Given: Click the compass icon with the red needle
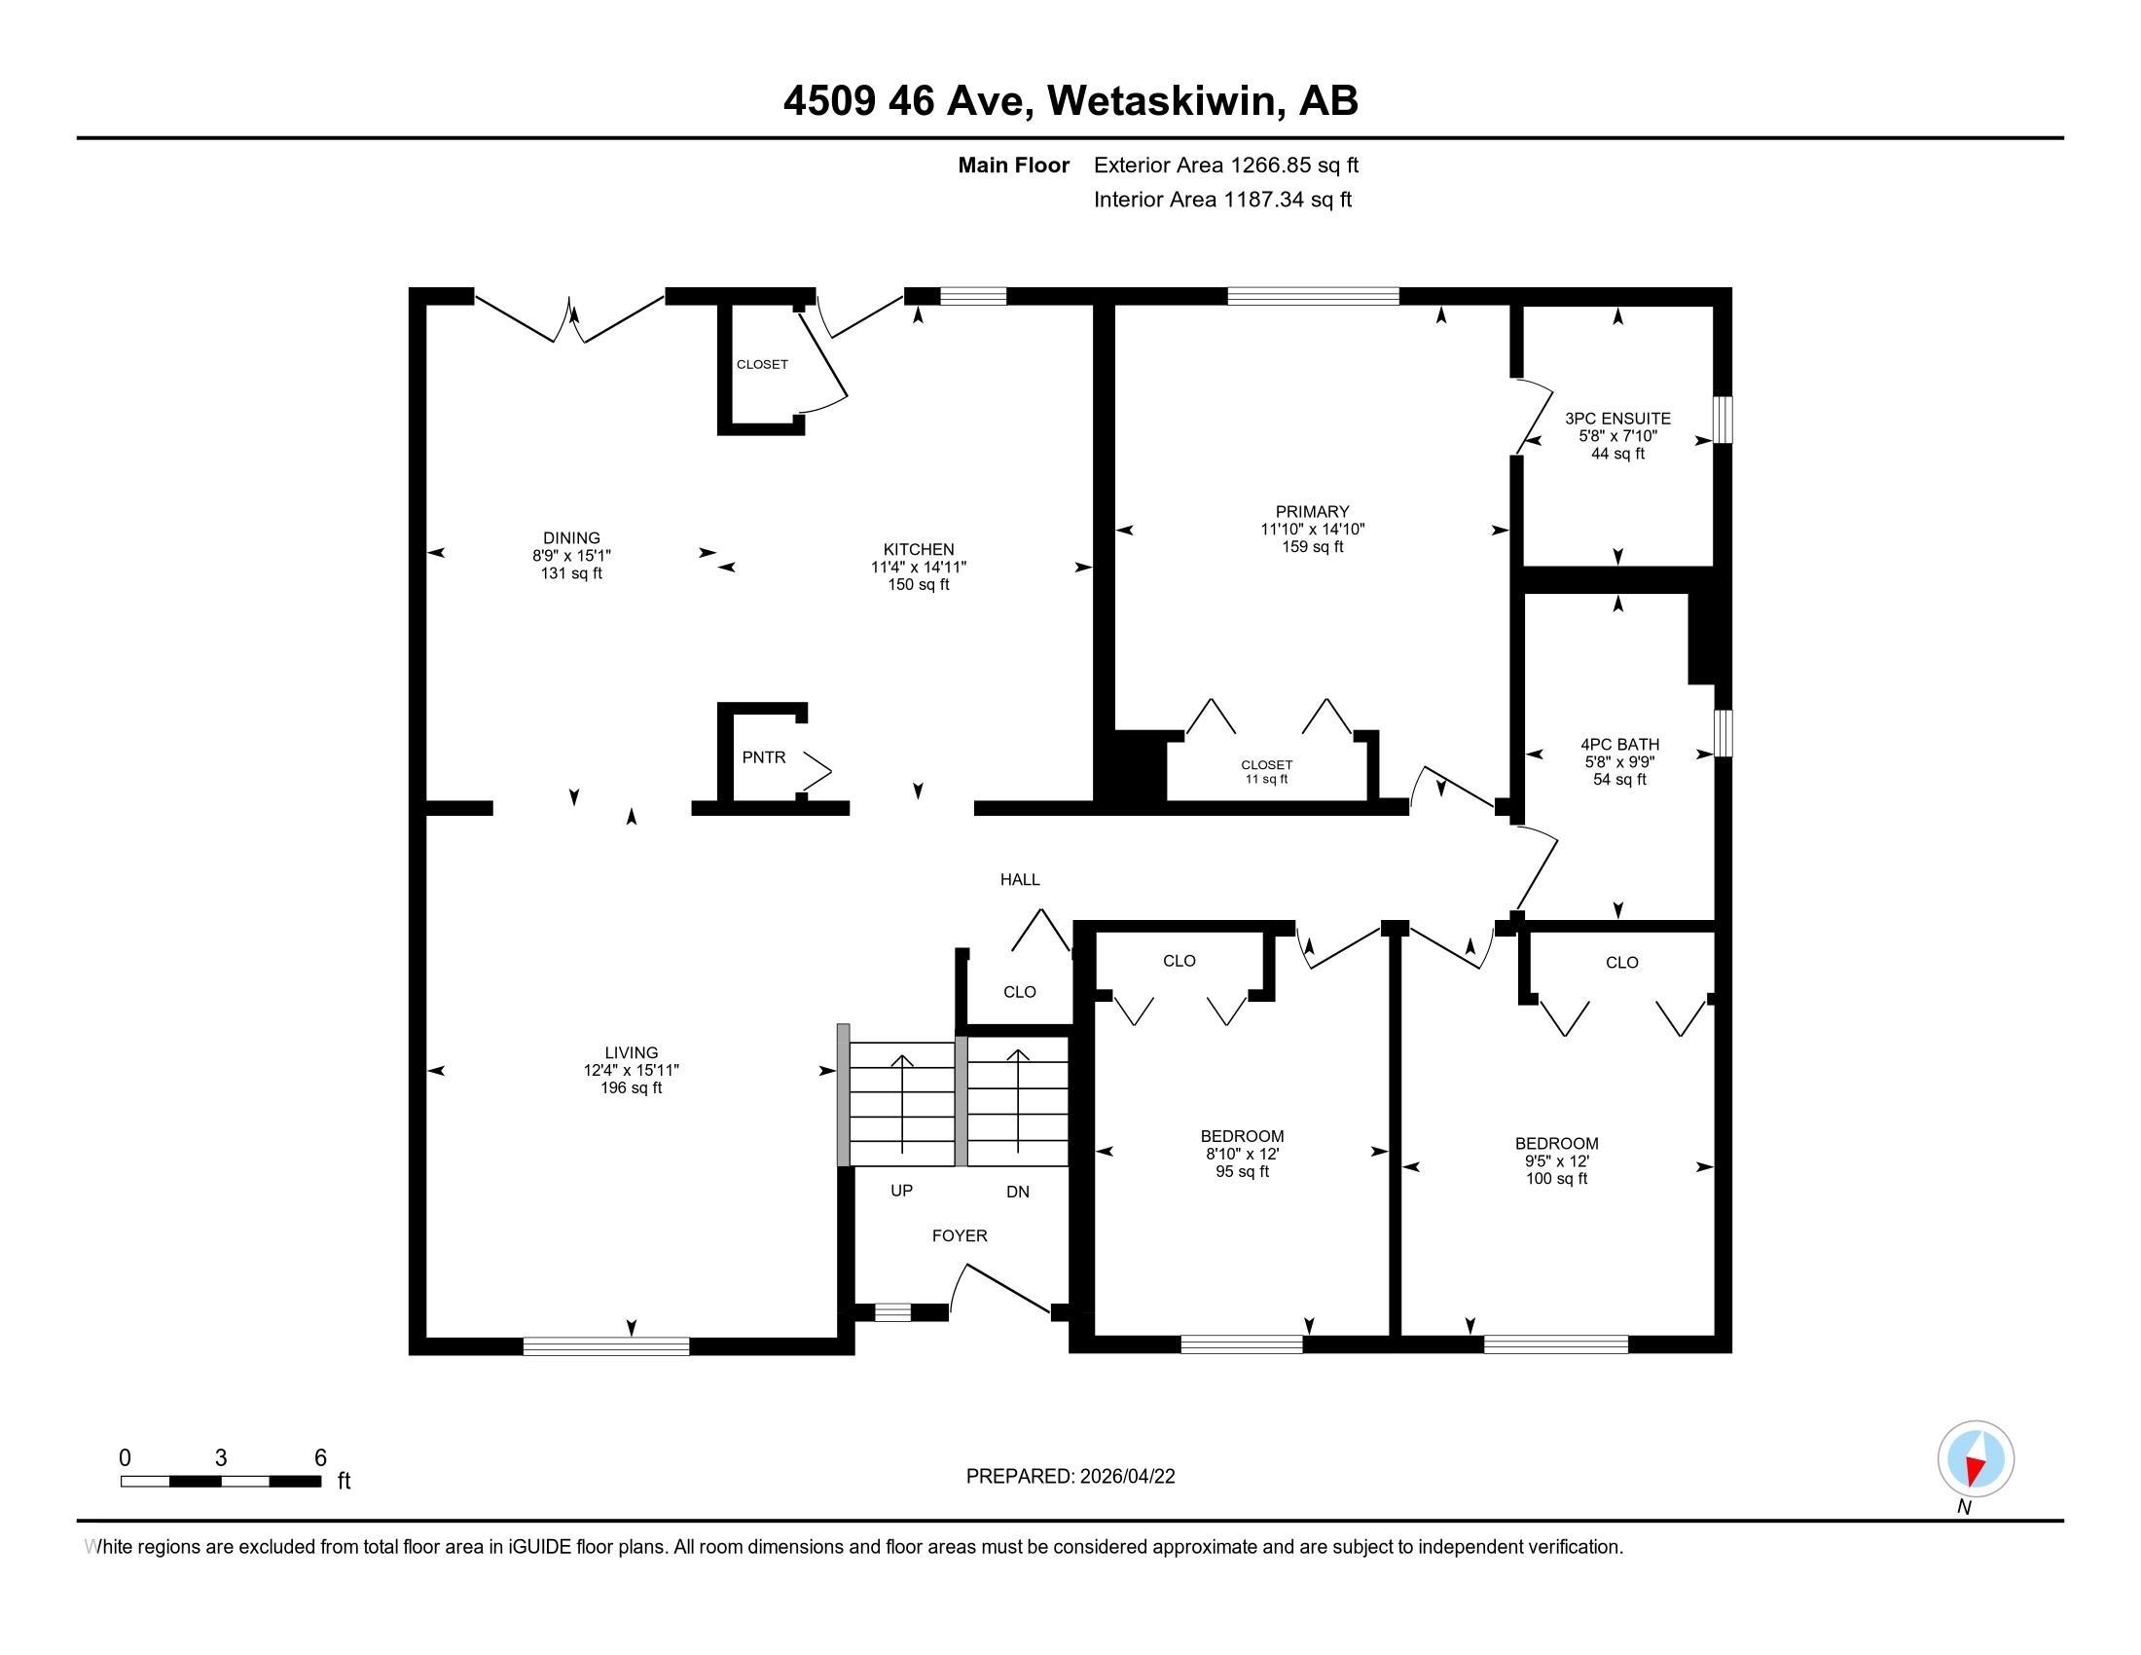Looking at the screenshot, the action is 1976,1458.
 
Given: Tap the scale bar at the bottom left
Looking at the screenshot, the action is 222,1481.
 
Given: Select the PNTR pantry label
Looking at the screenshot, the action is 764,756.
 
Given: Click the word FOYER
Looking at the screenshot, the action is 960,1235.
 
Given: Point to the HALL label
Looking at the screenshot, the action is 1020,879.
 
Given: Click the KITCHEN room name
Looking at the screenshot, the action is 919,549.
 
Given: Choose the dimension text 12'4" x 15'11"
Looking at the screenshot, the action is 632,1071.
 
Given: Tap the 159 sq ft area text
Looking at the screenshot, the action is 1313,546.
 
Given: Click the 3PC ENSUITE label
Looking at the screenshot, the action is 1617,419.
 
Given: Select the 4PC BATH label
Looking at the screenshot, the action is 1619,744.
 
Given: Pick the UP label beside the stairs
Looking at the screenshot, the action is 901,1191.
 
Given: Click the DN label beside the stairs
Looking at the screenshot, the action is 1018,1192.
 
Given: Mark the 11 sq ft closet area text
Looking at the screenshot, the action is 1266,780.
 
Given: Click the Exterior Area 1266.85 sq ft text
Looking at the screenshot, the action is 1226,165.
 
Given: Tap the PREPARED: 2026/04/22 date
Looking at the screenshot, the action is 1070,1477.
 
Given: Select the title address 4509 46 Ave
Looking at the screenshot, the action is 907,101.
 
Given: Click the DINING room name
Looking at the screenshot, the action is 571,537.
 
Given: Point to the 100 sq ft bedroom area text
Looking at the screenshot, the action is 1557,1179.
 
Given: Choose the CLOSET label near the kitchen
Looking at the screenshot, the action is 762,364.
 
